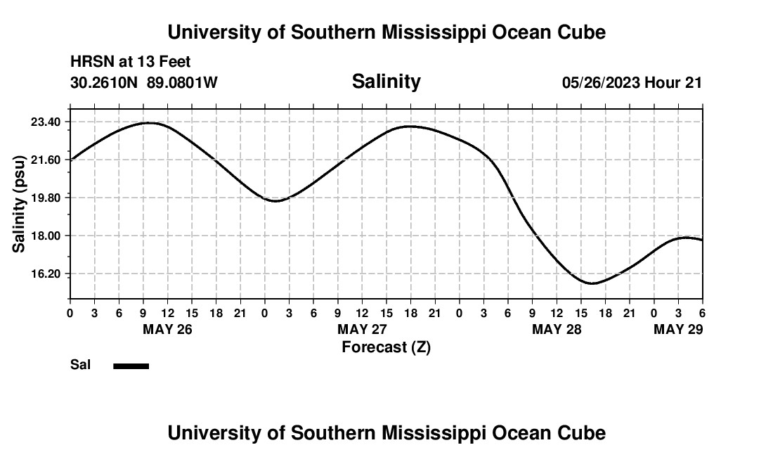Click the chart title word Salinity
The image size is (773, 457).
pos(386,82)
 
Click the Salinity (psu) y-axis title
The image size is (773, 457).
pos(20,203)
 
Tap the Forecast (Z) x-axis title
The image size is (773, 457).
pos(386,347)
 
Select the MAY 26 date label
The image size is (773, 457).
pos(167,329)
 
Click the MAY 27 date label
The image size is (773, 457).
pos(362,329)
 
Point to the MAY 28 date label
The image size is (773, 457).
pos(557,329)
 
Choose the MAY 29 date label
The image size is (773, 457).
pos(678,329)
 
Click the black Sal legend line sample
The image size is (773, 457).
pos(131,366)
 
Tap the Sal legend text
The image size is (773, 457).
pos(79,365)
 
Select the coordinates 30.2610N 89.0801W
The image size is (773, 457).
pos(144,83)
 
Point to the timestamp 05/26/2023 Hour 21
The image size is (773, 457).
pos(632,83)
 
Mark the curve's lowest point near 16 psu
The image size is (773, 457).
pos(592,283)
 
